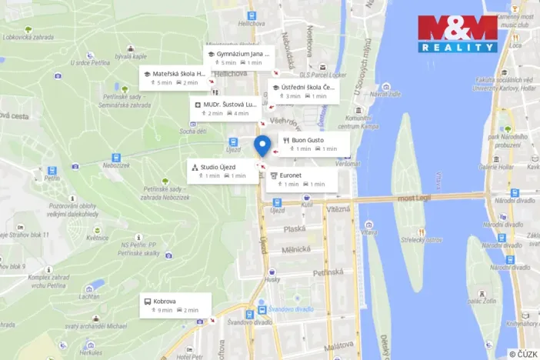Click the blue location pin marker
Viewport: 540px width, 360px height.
click(x=262, y=145)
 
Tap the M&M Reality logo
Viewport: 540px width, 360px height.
click(x=458, y=34)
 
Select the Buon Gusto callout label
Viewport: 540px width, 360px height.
click(x=311, y=144)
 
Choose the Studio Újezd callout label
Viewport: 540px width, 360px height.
click(x=220, y=171)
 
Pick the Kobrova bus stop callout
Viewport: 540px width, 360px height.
click(x=171, y=305)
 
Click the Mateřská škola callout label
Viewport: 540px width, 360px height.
click(x=174, y=78)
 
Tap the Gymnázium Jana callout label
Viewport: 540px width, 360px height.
click(x=238, y=58)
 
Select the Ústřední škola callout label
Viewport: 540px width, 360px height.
click(x=303, y=92)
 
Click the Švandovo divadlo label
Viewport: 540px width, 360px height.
click(x=292, y=309)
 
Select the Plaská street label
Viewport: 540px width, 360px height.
click(x=294, y=228)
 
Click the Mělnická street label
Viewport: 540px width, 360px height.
click(x=296, y=249)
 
